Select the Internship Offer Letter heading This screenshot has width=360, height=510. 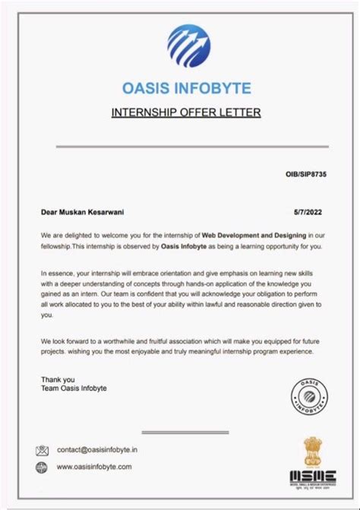185,112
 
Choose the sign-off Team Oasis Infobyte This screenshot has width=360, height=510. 74,388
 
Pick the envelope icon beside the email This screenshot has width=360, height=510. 43,450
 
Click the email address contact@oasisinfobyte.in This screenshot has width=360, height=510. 96,450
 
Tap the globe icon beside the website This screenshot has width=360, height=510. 43,467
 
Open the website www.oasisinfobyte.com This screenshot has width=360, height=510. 94,467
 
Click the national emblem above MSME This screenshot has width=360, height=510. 314,449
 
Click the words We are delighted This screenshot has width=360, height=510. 67,236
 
